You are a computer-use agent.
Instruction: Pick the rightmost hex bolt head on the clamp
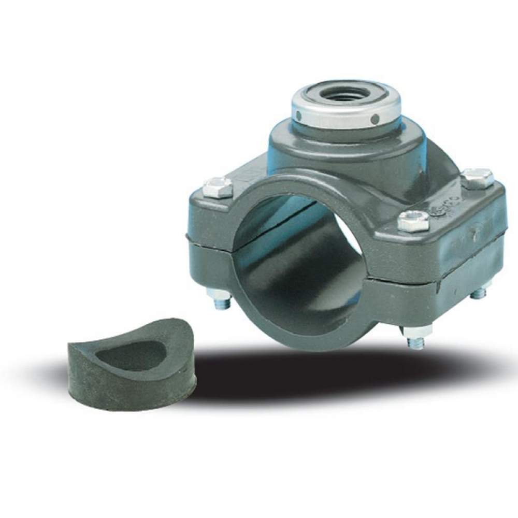(x=477, y=177)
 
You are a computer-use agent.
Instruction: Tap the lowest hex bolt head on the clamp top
(x=413, y=221)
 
